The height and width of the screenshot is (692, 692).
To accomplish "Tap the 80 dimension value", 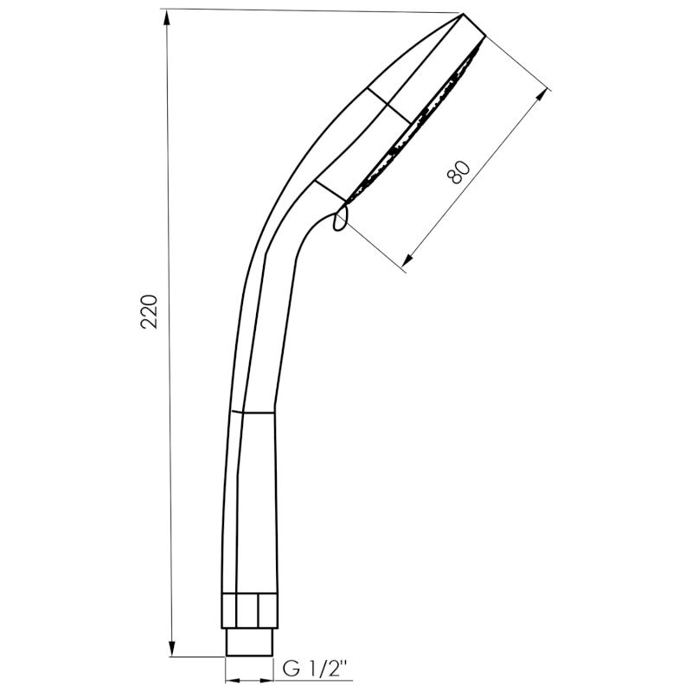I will tap(458, 172).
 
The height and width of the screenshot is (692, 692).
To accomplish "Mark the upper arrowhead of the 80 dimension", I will tap(544, 93).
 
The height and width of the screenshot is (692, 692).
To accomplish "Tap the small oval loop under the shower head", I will tap(338, 219).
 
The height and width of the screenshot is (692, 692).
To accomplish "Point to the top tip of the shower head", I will tap(465, 15).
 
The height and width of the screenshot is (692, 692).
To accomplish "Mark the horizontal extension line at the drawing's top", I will tap(311, 10).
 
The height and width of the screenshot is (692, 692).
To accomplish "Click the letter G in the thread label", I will tap(291, 669).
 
